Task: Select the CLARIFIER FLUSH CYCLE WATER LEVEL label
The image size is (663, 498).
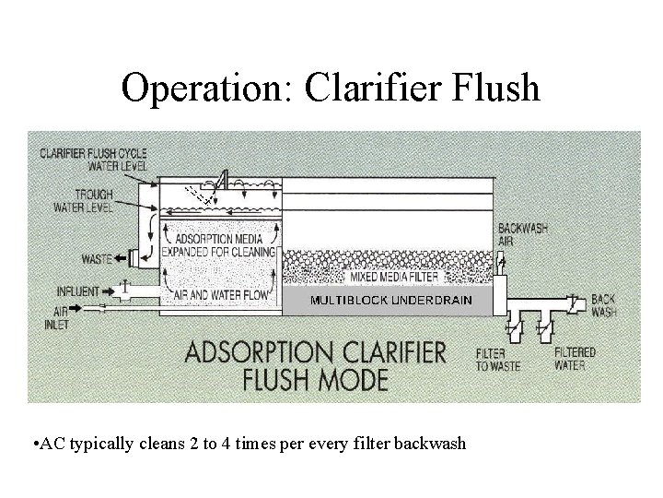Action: (x=93, y=158)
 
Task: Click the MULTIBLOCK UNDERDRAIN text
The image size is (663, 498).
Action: (x=391, y=301)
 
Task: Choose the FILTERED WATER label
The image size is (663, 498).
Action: (x=576, y=359)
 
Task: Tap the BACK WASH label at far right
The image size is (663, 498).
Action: (x=603, y=305)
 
